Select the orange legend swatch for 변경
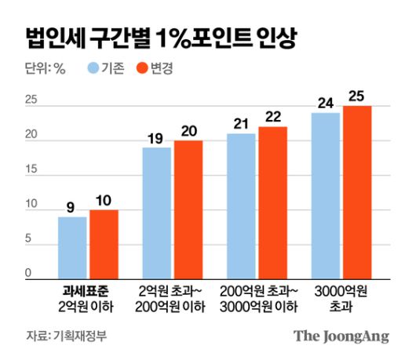[x=142, y=68]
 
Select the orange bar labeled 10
[x=104, y=244]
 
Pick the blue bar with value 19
[x=156, y=213]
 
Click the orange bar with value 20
[x=188, y=209]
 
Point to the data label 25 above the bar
[x=357, y=97]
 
